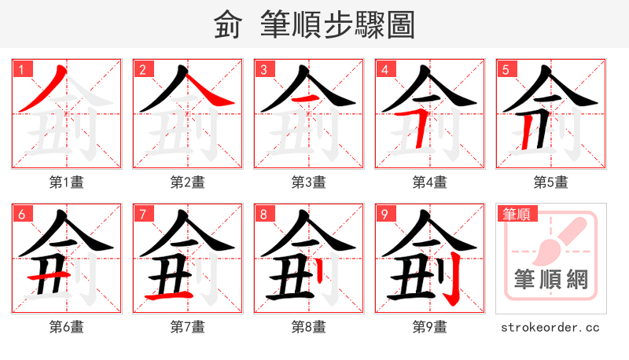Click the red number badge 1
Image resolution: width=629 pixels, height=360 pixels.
pyautogui.click(x=20, y=69)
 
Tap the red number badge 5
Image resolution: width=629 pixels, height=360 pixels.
pyautogui.click(x=506, y=69)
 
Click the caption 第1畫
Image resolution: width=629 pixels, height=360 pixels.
pyautogui.click(x=67, y=182)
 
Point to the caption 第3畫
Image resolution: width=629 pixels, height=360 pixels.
pyautogui.click(x=309, y=182)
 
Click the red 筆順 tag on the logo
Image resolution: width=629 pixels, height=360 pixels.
pyautogui.click(x=517, y=213)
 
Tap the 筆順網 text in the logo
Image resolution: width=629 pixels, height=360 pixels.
pyautogui.click(x=551, y=279)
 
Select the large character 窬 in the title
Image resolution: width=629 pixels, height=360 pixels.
pyautogui.click(x=228, y=25)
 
